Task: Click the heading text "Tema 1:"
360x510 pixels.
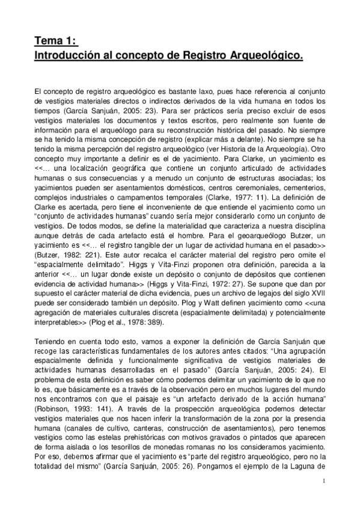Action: (55, 41)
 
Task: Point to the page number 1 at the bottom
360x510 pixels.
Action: (323, 482)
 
